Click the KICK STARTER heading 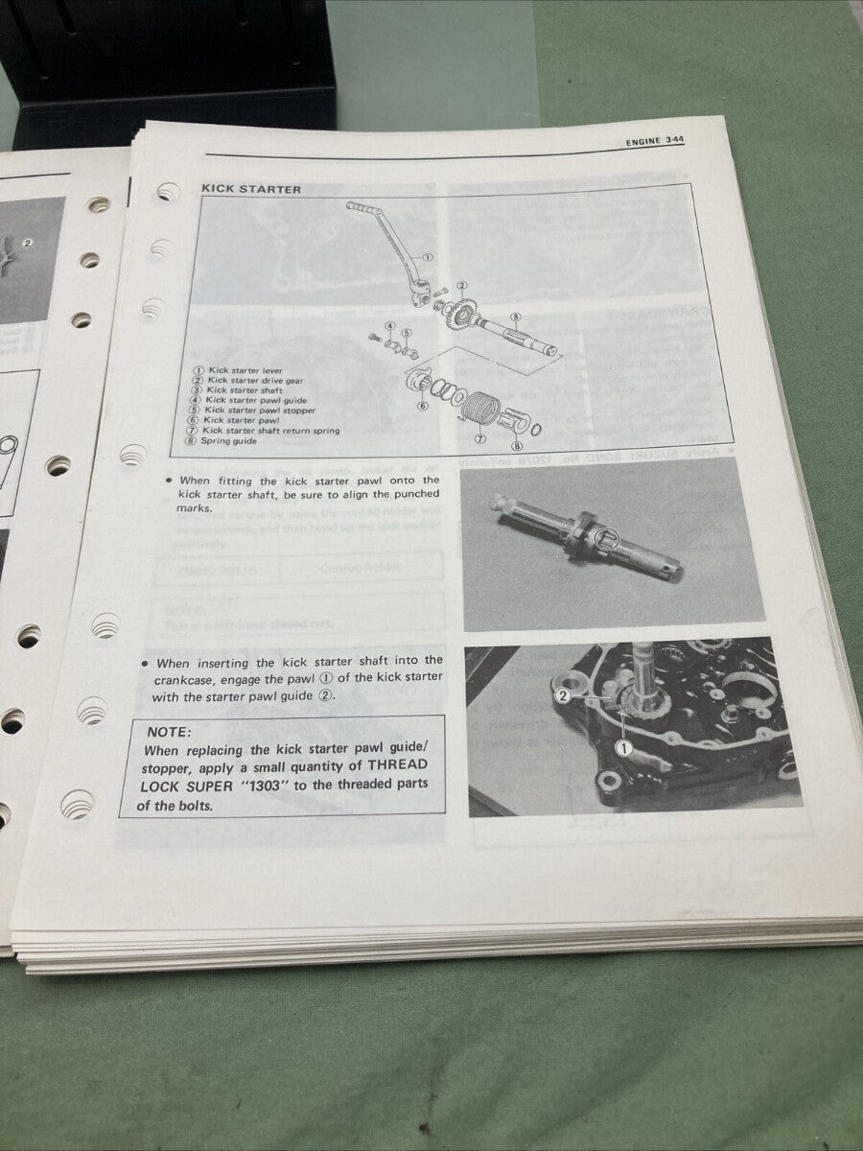250,190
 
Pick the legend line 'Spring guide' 230,441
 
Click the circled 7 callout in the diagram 479,437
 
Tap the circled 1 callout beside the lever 428,258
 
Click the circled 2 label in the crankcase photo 565,694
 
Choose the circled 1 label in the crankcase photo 624,747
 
